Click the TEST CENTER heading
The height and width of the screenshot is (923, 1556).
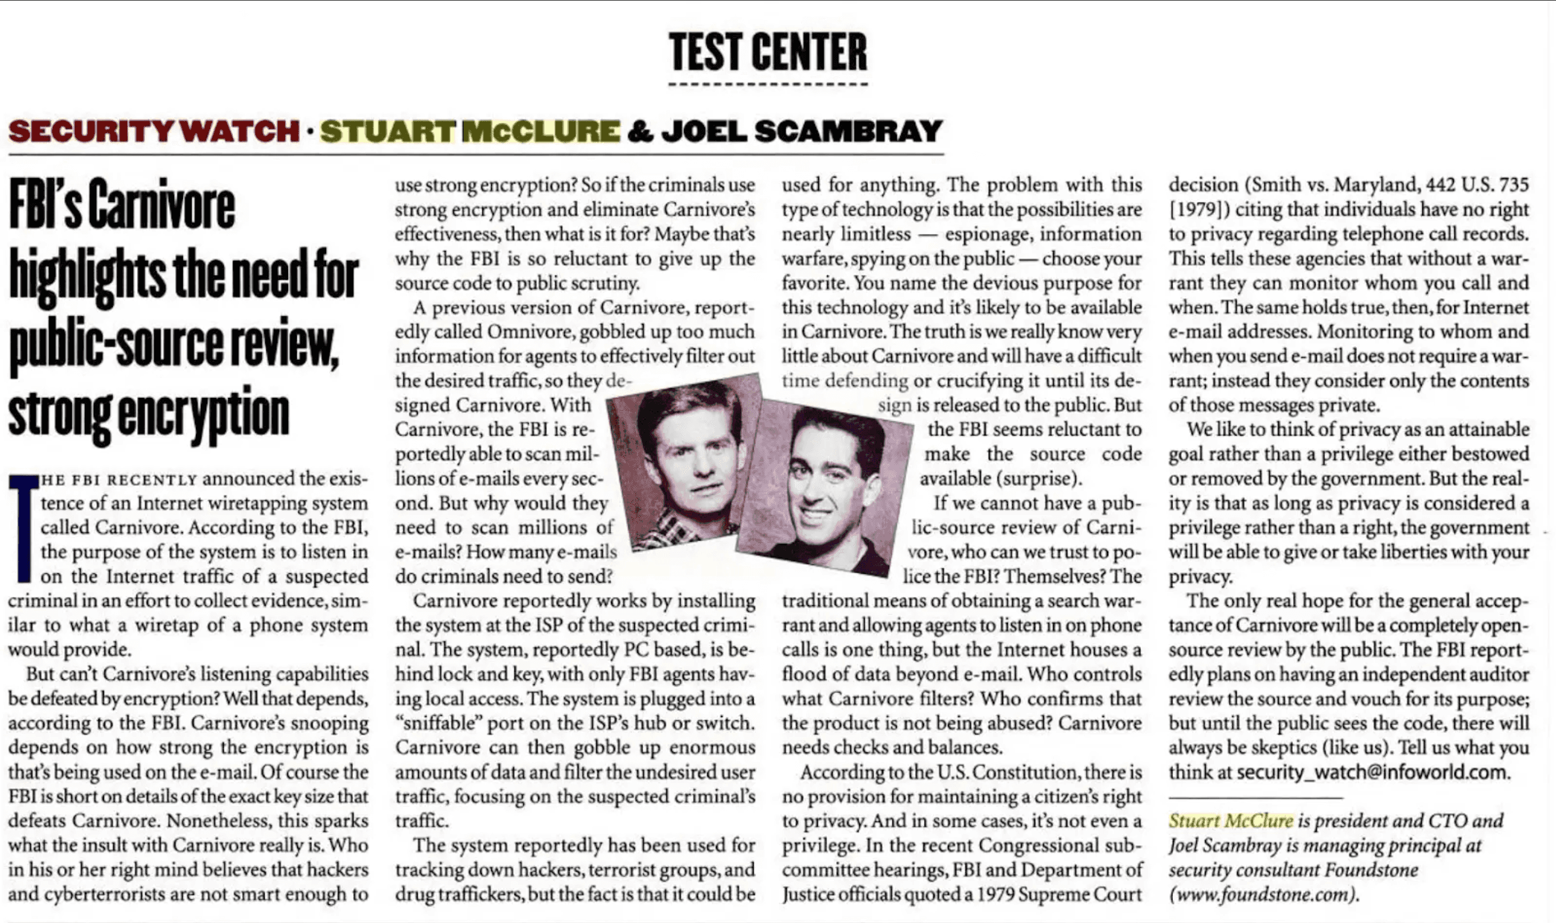click(768, 52)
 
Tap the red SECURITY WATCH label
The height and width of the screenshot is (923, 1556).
click(154, 131)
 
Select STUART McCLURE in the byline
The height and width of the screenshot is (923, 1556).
click(470, 131)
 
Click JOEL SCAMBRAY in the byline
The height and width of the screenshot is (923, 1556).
click(802, 131)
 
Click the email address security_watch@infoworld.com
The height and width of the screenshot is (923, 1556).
click(1372, 773)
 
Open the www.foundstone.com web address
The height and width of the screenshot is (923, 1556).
click(1263, 895)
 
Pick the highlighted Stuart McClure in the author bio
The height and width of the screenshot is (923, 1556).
click(1231, 821)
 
